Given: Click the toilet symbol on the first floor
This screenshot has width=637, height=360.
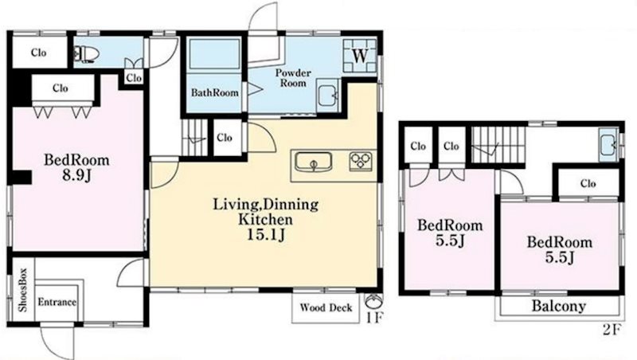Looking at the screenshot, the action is click(x=84, y=54).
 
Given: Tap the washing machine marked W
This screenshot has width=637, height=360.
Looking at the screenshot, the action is click(x=360, y=56).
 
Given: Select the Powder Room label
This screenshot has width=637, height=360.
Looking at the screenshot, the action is click(x=293, y=77).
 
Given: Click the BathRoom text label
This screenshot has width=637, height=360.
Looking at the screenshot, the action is click(x=214, y=92).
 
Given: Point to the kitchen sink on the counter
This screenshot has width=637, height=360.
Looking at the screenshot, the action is click(x=313, y=162).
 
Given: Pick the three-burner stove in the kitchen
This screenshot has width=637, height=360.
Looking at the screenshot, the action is click(x=361, y=161).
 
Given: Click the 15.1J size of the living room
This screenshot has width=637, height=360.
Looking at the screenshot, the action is click(x=266, y=234).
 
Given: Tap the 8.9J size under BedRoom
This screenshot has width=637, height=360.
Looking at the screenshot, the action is click(x=76, y=175).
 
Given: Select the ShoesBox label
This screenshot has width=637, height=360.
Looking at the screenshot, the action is click(x=22, y=290).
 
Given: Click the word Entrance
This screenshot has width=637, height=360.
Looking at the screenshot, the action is click(x=57, y=302).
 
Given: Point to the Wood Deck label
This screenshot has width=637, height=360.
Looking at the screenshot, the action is click(x=326, y=307).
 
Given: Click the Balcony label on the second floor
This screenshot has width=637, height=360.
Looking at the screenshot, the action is click(x=559, y=306).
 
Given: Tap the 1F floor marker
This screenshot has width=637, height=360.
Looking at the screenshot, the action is click(x=374, y=317).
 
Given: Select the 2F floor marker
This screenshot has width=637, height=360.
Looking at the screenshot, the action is click(x=612, y=330).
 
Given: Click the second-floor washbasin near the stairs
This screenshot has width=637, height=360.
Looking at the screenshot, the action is click(x=608, y=144).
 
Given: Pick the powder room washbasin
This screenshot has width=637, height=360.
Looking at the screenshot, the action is click(x=327, y=96).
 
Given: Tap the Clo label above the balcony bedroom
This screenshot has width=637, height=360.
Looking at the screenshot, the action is click(x=588, y=184).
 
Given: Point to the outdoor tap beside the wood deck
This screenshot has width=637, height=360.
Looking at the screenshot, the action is click(x=373, y=302).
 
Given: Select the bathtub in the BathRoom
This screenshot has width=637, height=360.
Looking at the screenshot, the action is click(x=214, y=53).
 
